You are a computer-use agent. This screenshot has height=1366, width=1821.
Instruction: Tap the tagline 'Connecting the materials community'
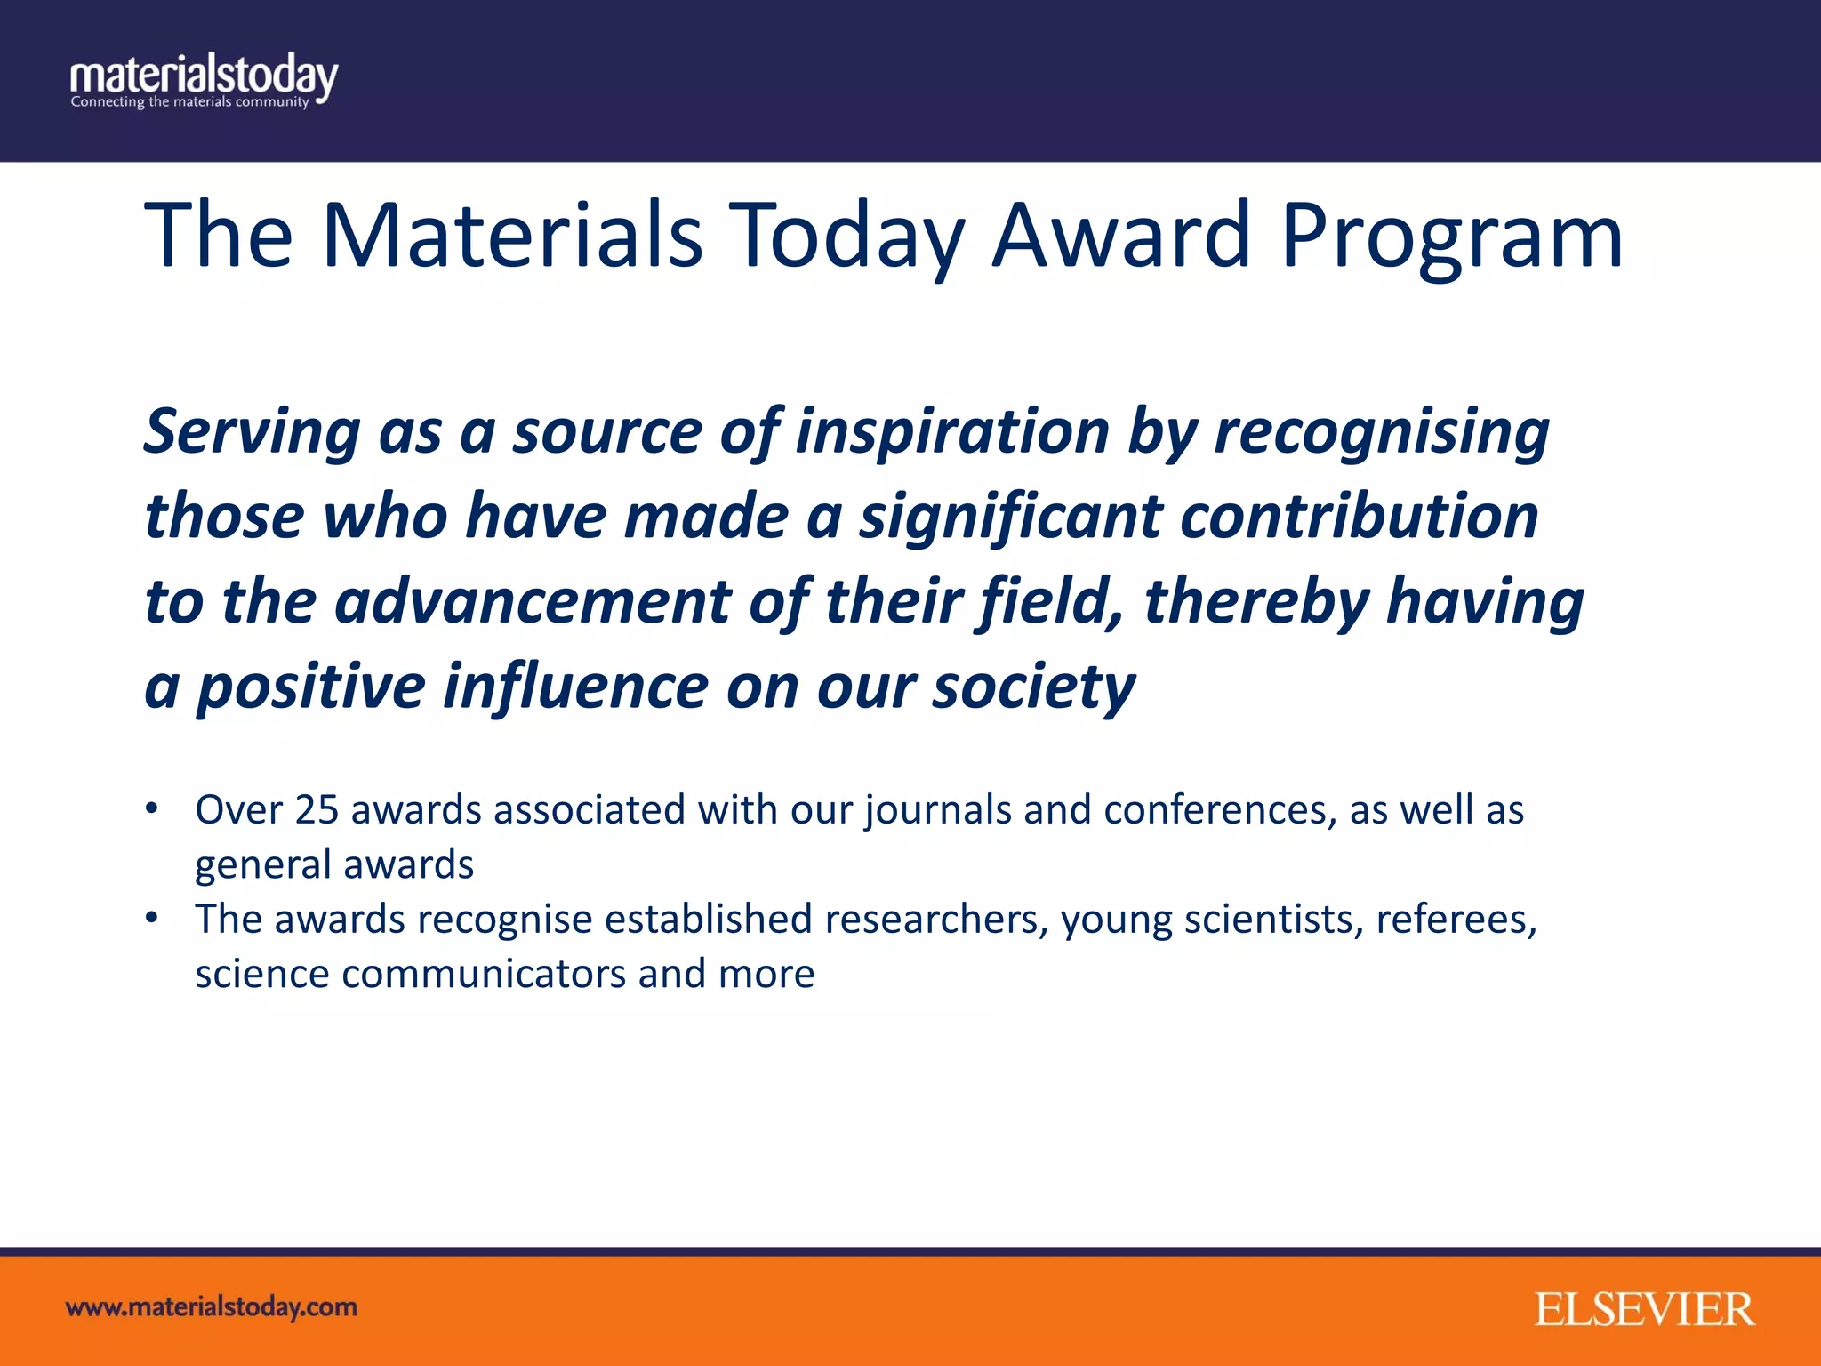pyautogui.click(x=189, y=102)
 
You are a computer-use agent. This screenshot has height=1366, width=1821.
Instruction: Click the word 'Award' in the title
pyautogui.click(x=1121, y=235)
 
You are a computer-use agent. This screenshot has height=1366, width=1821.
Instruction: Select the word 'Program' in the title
pyautogui.click(x=1452, y=237)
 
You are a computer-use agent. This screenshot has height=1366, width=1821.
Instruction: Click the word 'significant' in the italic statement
pyautogui.click(x=1010, y=518)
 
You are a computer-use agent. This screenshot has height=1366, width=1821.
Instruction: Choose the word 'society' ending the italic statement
pyautogui.click(x=1033, y=687)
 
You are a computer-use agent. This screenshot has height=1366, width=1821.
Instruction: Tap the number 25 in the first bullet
pyautogui.click(x=317, y=810)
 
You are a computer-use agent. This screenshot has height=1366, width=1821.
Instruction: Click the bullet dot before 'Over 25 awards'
pyautogui.click(x=152, y=808)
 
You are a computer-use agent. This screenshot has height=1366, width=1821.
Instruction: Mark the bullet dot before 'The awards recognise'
pyautogui.click(x=152, y=918)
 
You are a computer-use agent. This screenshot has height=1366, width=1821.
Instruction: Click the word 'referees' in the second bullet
pyautogui.click(x=1456, y=920)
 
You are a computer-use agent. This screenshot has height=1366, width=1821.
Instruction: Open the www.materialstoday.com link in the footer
pyautogui.click(x=212, y=1307)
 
